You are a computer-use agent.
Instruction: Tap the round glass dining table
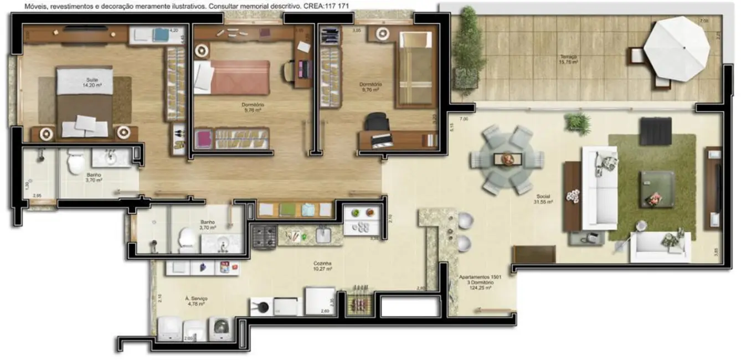click(x=507, y=159)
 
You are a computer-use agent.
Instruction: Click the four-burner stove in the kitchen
click(x=264, y=236)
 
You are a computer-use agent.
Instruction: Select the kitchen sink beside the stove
click(x=323, y=235)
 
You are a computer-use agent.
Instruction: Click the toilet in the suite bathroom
click(x=75, y=161)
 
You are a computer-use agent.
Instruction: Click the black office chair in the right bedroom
click(x=377, y=122)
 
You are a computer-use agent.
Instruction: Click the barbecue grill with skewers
click(x=359, y=302)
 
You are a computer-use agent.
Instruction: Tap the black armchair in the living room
click(x=656, y=131)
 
